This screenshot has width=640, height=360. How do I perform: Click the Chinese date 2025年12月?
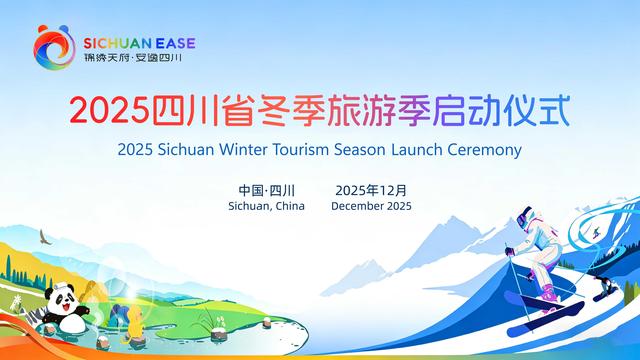click(x=371, y=189)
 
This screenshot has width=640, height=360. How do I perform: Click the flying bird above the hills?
click(x=44, y=237)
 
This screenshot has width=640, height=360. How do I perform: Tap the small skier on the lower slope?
click(x=604, y=292)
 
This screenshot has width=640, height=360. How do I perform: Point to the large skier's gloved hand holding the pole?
click(x=511, y=249)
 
